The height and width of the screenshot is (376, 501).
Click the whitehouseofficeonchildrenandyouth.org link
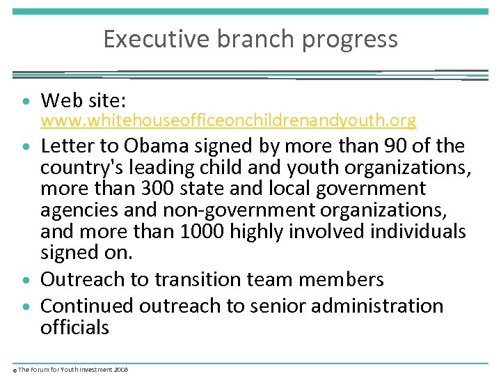[228, 121]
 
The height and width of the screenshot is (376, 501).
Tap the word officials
[74, 327]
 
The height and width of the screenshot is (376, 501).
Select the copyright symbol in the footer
[15, 370]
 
